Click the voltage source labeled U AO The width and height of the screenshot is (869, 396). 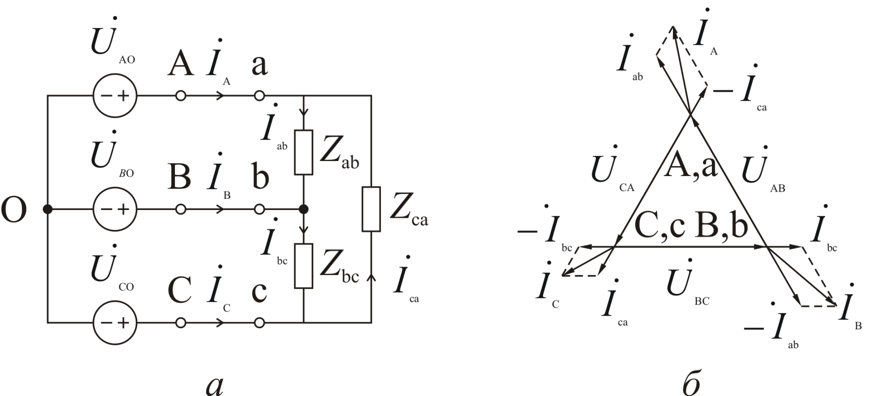coord(114,96)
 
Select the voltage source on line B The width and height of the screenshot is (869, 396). coord(114,209)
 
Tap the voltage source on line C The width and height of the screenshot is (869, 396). coord(114,322)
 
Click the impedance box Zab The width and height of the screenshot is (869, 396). coord(304,152)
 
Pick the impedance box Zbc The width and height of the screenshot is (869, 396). coord(304,265)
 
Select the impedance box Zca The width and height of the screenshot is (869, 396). coord(371,209)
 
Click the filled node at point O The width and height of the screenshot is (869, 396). coord(48,209)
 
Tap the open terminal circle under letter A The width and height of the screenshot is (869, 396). coord(180,96)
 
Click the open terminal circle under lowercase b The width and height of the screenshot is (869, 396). coord(259,209)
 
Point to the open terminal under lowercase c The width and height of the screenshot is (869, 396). coord(259,322)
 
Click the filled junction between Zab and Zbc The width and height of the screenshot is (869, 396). coord(304,209)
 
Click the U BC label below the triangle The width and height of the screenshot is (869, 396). coord(686,286)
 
